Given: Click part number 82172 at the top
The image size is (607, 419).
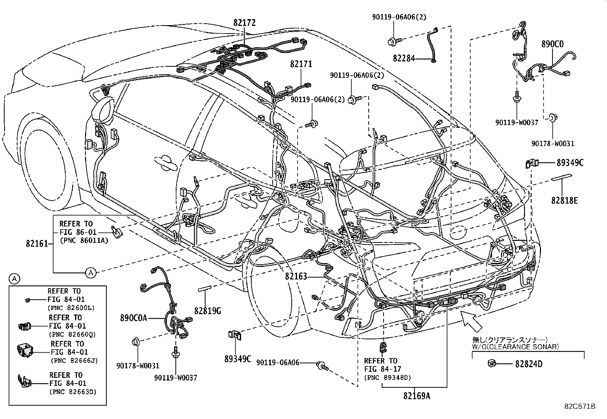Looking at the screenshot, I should tap(244, 23).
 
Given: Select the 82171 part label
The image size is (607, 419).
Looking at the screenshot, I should tap(301, 64).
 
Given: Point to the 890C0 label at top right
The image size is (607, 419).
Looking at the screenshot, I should tap(552, 44).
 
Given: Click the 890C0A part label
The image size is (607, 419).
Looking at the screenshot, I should tap(133, 318).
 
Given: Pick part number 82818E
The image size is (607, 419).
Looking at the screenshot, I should tap(564, 200).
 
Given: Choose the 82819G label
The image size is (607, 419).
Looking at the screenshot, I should tap(207, 311).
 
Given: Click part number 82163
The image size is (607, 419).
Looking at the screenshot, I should tap(295, 276).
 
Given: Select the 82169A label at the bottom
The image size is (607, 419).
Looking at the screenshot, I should tap(417, 396).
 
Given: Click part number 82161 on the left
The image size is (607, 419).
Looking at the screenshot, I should tap(37, 243).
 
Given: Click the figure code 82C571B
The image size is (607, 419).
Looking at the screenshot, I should tap(580, 406).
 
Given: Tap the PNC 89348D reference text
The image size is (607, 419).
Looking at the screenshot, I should tap(388, 377).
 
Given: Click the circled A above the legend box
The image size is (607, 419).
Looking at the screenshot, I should tap(14, 279).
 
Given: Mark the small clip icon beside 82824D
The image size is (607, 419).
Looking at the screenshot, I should tap(491, 363).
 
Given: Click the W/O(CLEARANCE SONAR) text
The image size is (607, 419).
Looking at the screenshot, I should tap(515, 347).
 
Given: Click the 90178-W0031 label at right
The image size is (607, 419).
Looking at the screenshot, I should tap(553, 143).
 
